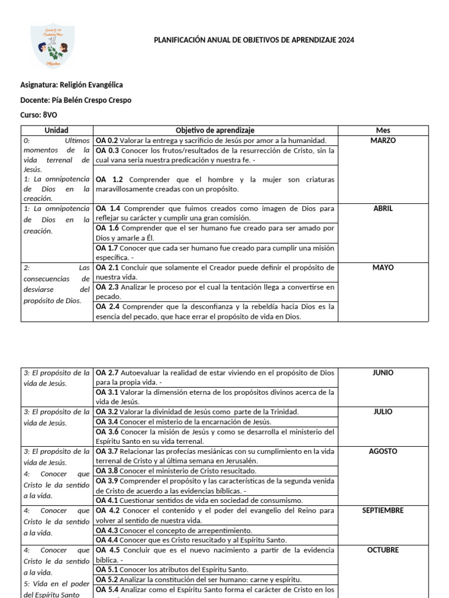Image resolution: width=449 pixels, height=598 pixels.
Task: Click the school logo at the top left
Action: [53, 46]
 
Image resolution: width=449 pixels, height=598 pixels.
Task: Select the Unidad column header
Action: [57, 130]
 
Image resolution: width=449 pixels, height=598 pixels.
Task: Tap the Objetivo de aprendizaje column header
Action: [215, 130]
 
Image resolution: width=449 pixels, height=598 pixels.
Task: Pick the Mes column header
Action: [383, 130]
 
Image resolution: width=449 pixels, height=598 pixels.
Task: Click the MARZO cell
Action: [383, 141]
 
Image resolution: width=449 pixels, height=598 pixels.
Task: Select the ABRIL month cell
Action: [383, 208]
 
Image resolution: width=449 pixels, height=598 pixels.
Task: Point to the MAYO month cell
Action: [383, 268]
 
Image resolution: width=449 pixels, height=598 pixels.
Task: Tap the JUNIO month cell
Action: [383, 373]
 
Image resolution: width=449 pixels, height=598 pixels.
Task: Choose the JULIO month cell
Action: [383, 412]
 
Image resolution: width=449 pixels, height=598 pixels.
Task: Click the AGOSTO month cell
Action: [383, 451]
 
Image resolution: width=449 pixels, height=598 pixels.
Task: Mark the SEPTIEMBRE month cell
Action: [383, 510]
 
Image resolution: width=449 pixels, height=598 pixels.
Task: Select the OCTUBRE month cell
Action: [383, 550]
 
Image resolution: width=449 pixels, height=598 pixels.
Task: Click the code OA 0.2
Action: [107, 141]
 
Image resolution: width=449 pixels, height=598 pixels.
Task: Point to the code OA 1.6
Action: [107, 228]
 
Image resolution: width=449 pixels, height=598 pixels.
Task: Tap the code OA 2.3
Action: [107, 287]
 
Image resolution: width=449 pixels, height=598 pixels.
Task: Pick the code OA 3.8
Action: [107, 471]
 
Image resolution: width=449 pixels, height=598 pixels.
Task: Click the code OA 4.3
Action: [107, 530]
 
